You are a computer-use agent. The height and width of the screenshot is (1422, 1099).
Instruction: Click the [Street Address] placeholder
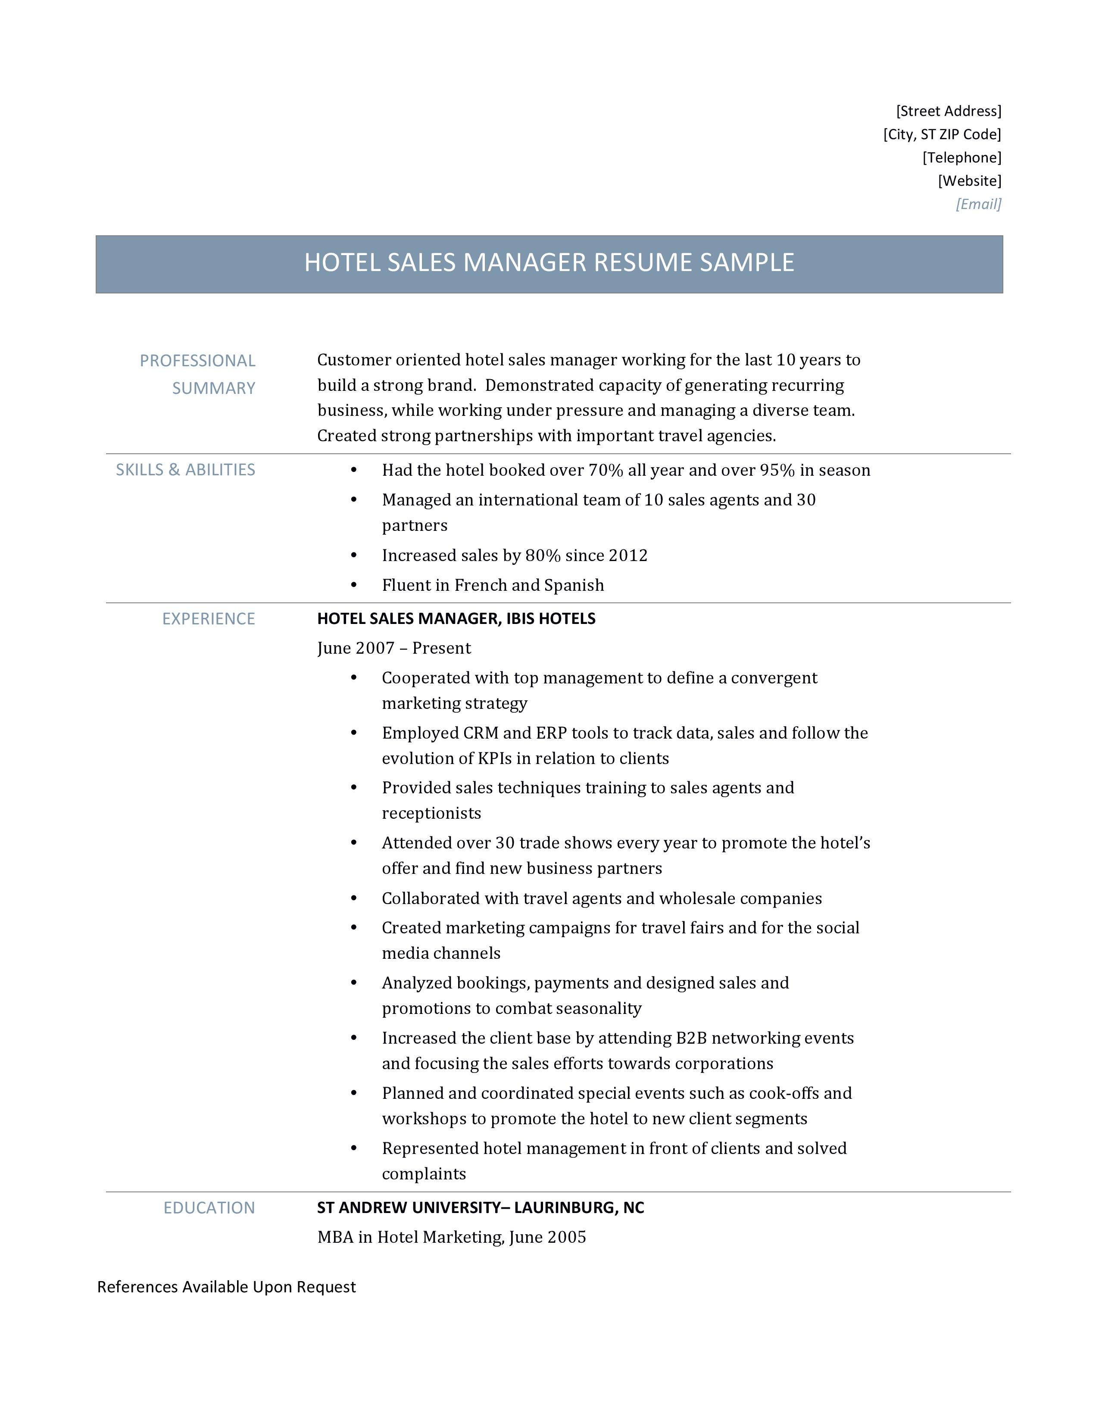948,111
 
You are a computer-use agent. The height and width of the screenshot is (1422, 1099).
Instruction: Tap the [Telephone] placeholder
962,158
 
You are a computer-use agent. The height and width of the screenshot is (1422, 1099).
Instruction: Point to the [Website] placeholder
969,181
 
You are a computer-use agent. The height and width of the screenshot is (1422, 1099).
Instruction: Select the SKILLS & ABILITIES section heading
186,470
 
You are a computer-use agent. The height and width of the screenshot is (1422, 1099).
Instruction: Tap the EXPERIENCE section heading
208,618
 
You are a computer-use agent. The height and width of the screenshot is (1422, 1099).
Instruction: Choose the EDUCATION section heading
209,1208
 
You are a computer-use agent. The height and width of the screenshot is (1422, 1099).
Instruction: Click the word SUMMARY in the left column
213,388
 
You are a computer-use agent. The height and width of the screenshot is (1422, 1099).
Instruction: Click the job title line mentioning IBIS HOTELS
456,618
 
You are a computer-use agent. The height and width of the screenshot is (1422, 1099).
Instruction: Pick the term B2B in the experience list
691,1038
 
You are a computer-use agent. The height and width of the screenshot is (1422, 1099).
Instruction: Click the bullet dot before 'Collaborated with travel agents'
353,898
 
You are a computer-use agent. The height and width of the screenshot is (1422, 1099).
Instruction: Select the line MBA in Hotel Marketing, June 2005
451,1237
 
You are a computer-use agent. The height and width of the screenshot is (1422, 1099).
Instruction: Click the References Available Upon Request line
227,1287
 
